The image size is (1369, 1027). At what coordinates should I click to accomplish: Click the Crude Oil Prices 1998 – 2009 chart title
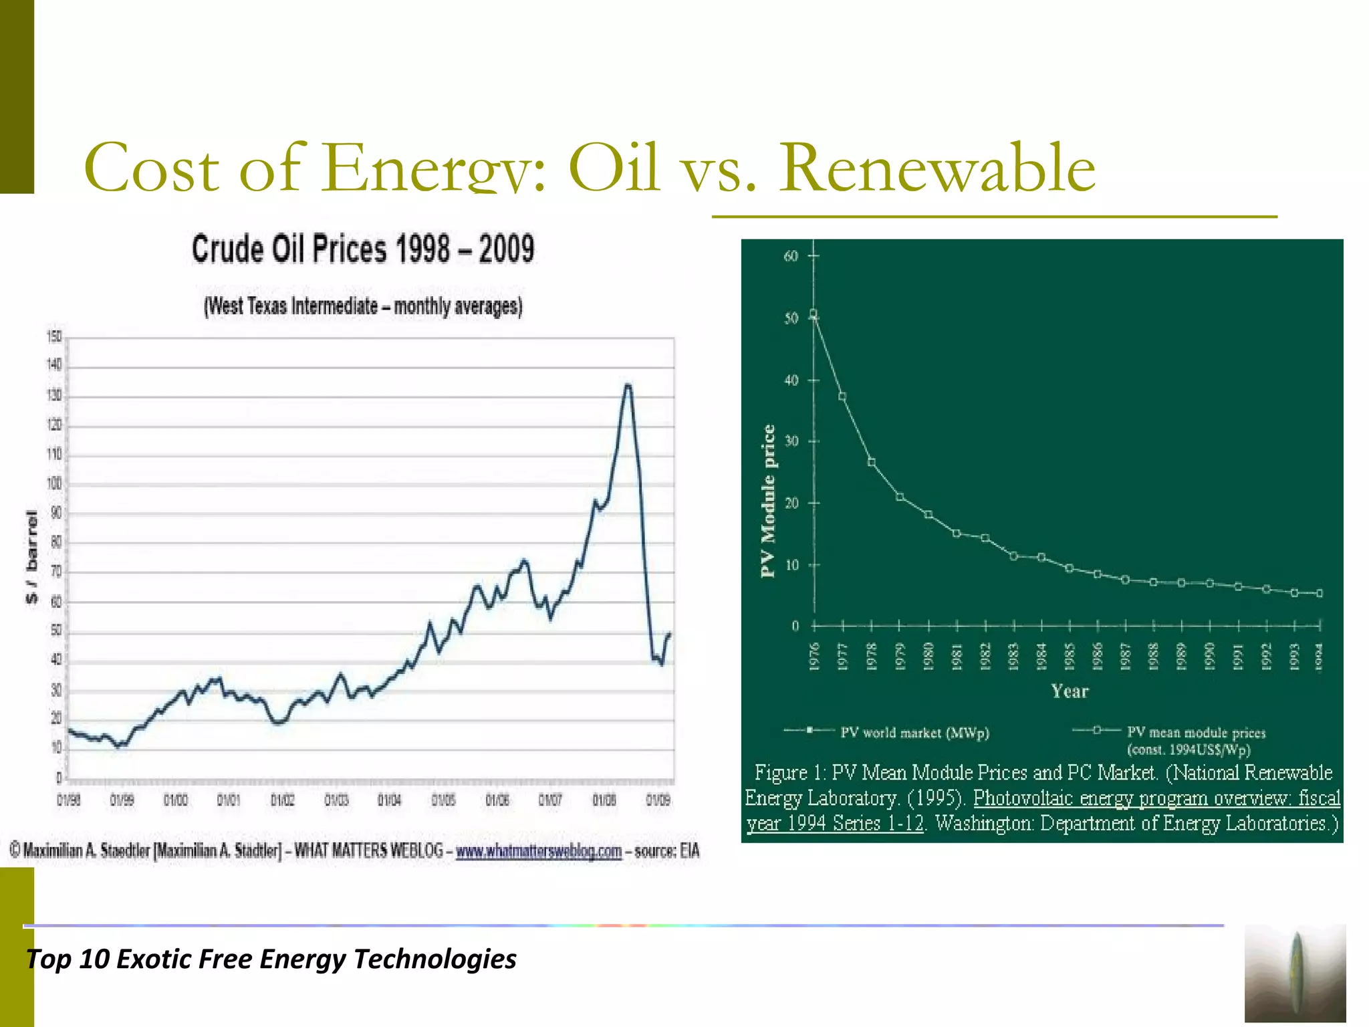pyautogui.click(x=363, y=249)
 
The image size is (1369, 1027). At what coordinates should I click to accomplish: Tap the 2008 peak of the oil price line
pyautogui.click(x=627, y=386)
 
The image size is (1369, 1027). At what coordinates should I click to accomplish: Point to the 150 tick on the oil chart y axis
pyautogui.click(x=54, y=336)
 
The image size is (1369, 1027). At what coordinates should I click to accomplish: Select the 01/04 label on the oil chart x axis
pyautogui.click(x=390, y=800)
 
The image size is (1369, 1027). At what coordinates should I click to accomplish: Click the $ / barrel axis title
pyautogui.click(x=31, y=556)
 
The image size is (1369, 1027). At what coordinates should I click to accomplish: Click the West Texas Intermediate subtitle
pyautogui.click(x=363, y=306)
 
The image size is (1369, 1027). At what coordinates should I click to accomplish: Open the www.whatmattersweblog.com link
pyautogui.click(x=538, y=851)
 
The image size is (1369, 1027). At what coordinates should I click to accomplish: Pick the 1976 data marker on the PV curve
pyautogui.click(x=814, y=314)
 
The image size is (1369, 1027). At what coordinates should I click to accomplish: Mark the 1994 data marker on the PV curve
pyautogui.click(x=1319, y=593)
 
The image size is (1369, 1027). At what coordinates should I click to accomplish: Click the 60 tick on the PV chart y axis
pyautogui.click(x=791, y=256)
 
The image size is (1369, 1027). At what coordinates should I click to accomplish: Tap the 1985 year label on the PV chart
pyautogui.click(x=1070, y=656)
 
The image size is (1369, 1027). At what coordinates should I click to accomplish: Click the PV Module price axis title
pyautogui.click(x=769, y=501)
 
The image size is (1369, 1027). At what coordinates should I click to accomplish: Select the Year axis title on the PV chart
pyautogui.click(x=1070, y=691)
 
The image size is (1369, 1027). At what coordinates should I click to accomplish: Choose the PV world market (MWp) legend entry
pyautogui.click(x=914, y=733)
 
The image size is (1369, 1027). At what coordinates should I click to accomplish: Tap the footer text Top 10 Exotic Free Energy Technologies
pyautogui.click(x=271, y=959)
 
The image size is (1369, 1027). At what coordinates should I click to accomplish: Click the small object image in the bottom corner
pyautogui.click(x=1295, y=973)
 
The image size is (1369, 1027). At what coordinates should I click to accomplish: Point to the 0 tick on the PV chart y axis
pyautogui.click(x=795, y=626)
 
